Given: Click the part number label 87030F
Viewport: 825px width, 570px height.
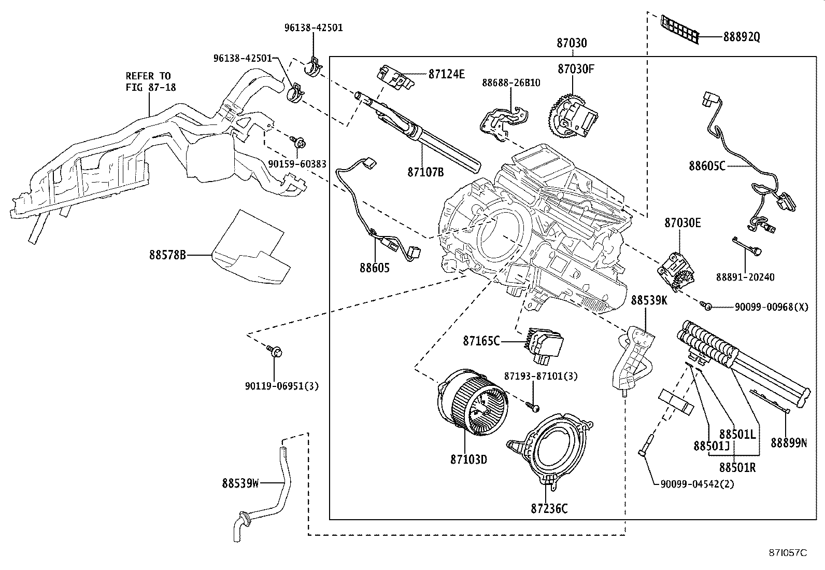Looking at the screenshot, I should pos(575,68).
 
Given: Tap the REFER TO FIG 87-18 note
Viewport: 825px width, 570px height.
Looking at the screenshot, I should pos(151,81).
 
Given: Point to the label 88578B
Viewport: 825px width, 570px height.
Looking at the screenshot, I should pos(167,255).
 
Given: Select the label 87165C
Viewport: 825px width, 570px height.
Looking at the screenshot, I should pos(481,341).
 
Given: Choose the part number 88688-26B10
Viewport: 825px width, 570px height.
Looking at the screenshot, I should pos(510,82).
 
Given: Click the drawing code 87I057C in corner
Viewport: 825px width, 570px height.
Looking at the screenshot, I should pos(788,552).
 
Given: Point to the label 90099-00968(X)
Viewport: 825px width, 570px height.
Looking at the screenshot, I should pos(771,307).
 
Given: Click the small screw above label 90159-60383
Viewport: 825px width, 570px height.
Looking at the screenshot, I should pos(298,141).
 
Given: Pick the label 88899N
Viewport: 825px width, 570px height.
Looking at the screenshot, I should pos(788,442).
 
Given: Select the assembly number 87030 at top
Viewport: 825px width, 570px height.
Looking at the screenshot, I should pos(572,43).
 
